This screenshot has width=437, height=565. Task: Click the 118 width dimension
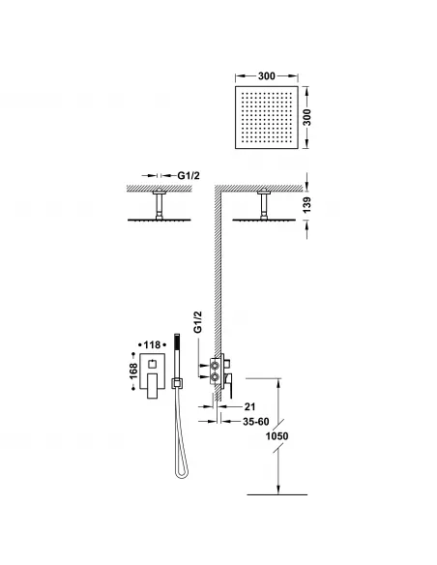[x=153, y=342]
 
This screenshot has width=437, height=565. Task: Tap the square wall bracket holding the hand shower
[x=176, y=384]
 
